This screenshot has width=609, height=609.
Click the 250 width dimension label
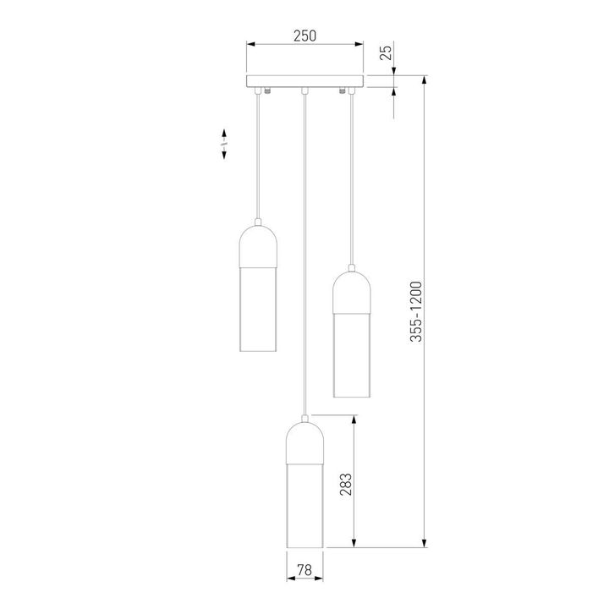coord(304,36)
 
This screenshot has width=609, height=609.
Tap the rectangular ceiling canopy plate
coord(304,81)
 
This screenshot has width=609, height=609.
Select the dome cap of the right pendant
coord(351,291)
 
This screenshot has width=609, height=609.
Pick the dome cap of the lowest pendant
coord(304,443)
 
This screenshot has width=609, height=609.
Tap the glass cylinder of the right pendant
coord(351,354)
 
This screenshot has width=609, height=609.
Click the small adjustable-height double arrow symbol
coord(223,145)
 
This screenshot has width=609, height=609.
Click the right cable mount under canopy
coord(343,91)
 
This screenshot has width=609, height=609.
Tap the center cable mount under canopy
coord(304,90)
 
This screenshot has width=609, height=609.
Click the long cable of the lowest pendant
coord(304,254)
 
